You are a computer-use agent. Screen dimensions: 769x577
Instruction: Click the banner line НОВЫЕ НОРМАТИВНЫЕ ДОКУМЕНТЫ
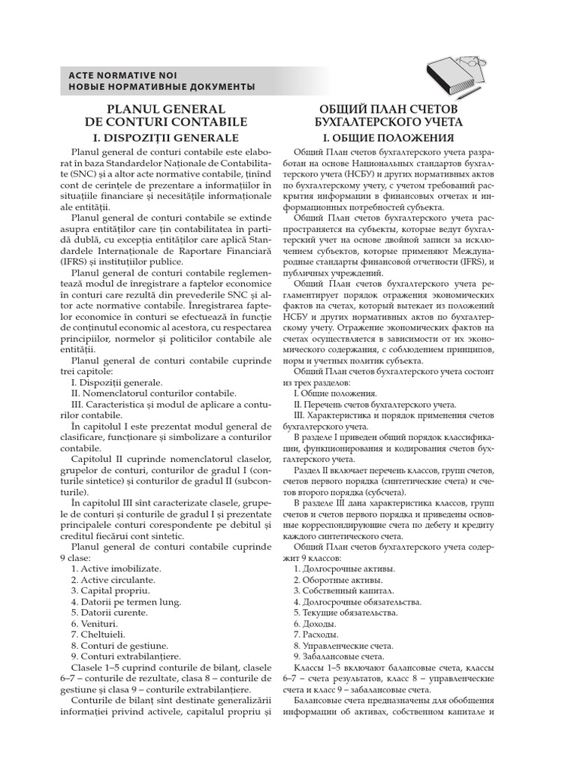[162, 87]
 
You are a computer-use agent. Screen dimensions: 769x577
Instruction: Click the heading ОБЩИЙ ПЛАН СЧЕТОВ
[388, 109]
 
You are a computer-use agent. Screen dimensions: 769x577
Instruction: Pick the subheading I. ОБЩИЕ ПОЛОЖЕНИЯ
[388, 138]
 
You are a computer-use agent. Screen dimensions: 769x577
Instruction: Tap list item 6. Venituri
[95, 623]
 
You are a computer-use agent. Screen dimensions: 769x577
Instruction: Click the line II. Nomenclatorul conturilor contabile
[153, 393]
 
